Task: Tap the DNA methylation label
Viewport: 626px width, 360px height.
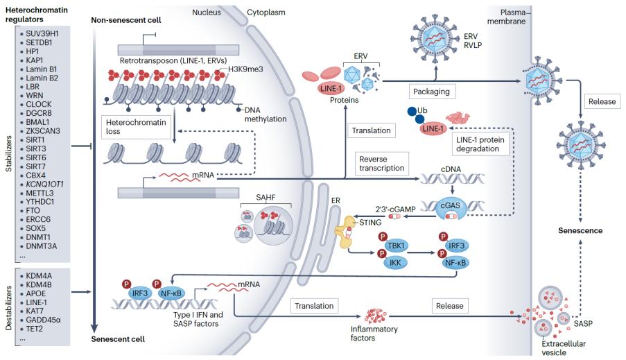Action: [267, 114]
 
